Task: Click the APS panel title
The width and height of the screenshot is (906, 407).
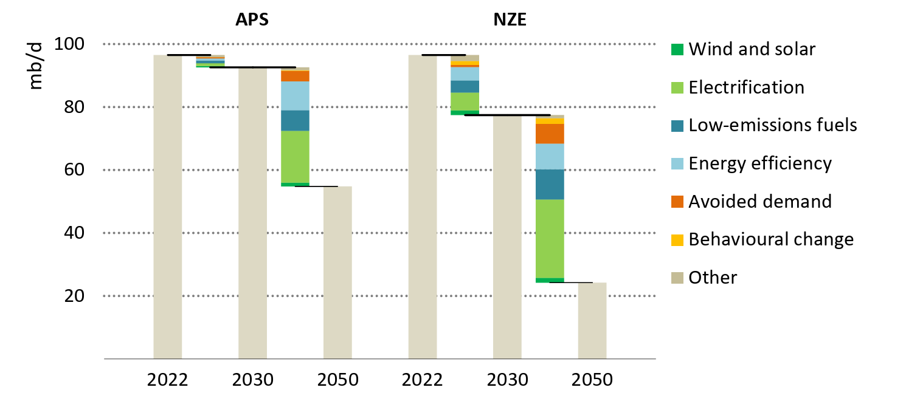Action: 252,19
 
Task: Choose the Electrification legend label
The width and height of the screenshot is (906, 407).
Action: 746,87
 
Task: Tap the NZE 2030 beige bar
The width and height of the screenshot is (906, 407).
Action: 507,237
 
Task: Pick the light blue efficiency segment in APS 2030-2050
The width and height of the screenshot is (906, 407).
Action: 295,95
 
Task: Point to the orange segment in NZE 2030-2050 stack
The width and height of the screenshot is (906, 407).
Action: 550,133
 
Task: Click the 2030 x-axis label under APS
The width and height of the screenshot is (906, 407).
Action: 252,381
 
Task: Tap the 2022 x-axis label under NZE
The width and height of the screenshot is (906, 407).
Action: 423,381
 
